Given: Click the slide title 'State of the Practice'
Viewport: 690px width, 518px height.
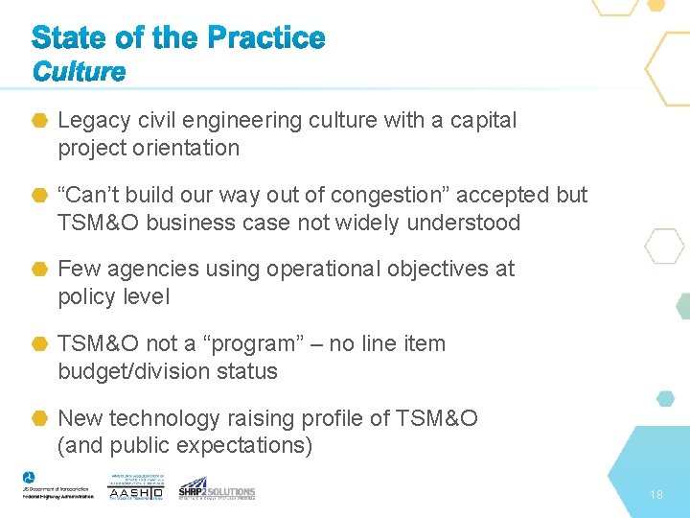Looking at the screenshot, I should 178,38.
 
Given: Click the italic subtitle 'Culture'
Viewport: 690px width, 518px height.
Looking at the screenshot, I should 79,72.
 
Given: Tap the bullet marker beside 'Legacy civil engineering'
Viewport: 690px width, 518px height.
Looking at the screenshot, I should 40,121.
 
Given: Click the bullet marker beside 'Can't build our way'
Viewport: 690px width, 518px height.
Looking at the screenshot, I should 40,196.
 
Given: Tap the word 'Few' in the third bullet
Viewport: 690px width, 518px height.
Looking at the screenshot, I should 77,269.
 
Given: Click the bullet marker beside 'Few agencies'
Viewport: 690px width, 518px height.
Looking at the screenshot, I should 40,270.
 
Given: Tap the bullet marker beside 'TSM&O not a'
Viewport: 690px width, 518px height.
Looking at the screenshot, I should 40,344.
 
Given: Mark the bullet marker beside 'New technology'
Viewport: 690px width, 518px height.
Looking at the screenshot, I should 40,418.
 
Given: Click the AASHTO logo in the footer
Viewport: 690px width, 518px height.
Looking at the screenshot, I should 135,487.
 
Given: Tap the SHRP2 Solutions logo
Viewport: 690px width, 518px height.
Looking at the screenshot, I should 217,487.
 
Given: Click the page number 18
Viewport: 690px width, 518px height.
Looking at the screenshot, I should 655,495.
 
